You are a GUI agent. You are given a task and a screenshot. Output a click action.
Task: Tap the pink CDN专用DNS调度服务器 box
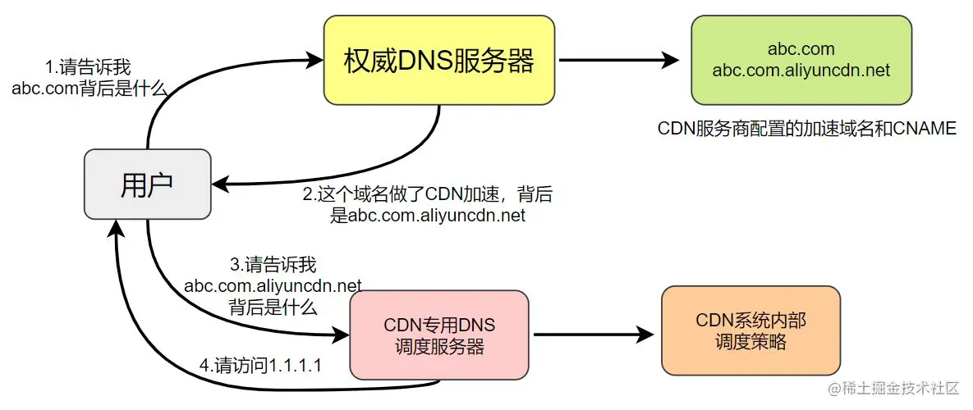[439, 335]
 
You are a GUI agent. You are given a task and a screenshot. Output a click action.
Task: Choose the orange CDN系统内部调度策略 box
[750, 330]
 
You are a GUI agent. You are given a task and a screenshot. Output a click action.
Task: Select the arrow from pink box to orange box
[591, 335]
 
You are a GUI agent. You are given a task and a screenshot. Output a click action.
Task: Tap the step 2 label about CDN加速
[426, 205]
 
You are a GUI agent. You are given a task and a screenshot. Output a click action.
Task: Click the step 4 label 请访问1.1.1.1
[260, 364]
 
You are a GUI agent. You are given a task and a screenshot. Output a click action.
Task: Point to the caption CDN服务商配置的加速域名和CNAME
[806, 129]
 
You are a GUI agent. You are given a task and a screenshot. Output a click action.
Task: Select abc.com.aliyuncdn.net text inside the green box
[801, 71]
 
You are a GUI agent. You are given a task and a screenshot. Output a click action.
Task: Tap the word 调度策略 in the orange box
[750, 342]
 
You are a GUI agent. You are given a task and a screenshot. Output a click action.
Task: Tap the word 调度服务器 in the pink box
[439, 346]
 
